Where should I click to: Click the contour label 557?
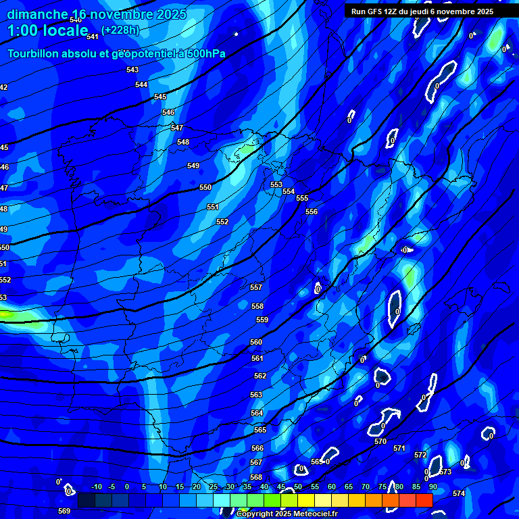point(256,287)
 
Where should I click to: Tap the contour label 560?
point(256,343)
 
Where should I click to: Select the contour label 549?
point(193,166)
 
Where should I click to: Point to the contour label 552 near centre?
point(222,222)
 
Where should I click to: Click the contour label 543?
point(132,70)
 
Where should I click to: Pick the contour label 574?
point(459,493)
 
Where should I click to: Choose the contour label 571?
point(399,448)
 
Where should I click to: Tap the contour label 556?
point(312,212)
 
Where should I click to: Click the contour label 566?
point(257,448)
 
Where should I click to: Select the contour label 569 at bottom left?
point(64,511)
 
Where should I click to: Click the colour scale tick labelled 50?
point(298,487)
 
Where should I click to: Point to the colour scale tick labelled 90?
point(432,487)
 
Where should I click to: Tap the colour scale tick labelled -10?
point(96,487)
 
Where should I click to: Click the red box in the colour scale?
point(424,500)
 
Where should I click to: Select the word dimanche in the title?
point(36,14)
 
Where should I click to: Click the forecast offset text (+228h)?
point(120,30)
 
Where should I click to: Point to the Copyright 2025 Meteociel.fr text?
point(287,514)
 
